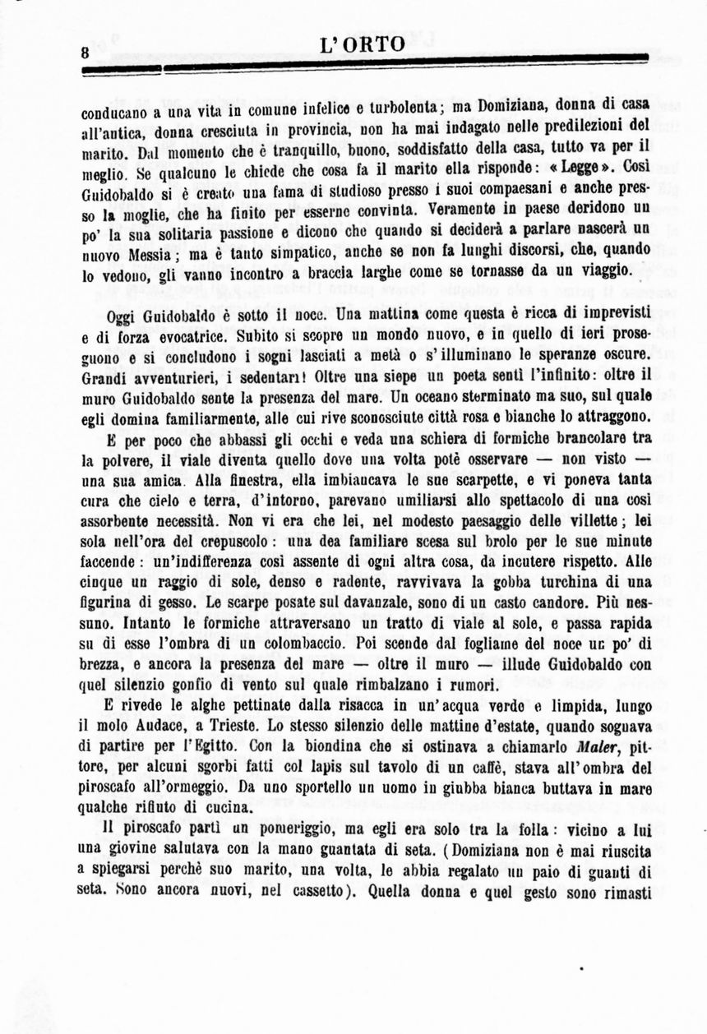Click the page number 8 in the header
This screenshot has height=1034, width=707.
pos(84,52)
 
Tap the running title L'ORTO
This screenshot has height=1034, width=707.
pos(362,45)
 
